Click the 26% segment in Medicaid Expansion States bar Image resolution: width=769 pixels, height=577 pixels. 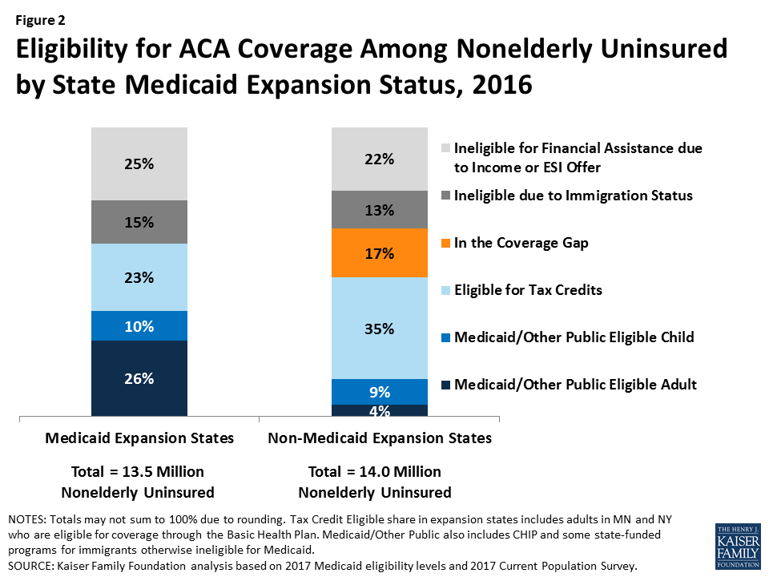[x=139, y=378]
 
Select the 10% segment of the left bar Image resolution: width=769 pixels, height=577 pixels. [x=139, y=325]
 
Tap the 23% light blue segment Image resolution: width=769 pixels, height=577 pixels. [x=139, y=277]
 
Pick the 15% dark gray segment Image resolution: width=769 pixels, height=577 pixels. [x=139, y=222]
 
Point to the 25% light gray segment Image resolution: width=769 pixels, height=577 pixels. [x=139, y=163]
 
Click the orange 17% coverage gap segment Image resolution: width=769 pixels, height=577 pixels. [x=380, y=253]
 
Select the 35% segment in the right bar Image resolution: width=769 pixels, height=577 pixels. [x=380, y=328]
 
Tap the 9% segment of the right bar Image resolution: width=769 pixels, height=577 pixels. [x=380, y=392]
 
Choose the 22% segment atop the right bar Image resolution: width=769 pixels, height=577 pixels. [x=380, y=159]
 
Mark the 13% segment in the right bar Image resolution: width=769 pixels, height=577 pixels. [x=380, y=210]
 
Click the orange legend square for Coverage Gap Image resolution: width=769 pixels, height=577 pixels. [x=445, y=243]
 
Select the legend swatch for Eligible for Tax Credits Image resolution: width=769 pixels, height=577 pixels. [x=445, y=290]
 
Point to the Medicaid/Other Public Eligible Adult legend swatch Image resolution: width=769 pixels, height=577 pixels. [x=445, y=385]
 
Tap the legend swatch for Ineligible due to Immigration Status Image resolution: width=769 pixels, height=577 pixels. [x=445, y=196]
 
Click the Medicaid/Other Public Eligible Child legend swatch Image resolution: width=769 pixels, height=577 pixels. [x=445, y=337]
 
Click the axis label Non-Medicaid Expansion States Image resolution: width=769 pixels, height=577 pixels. [x=380, y=438]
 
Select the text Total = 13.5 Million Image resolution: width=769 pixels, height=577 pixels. [x=139, y=471]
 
